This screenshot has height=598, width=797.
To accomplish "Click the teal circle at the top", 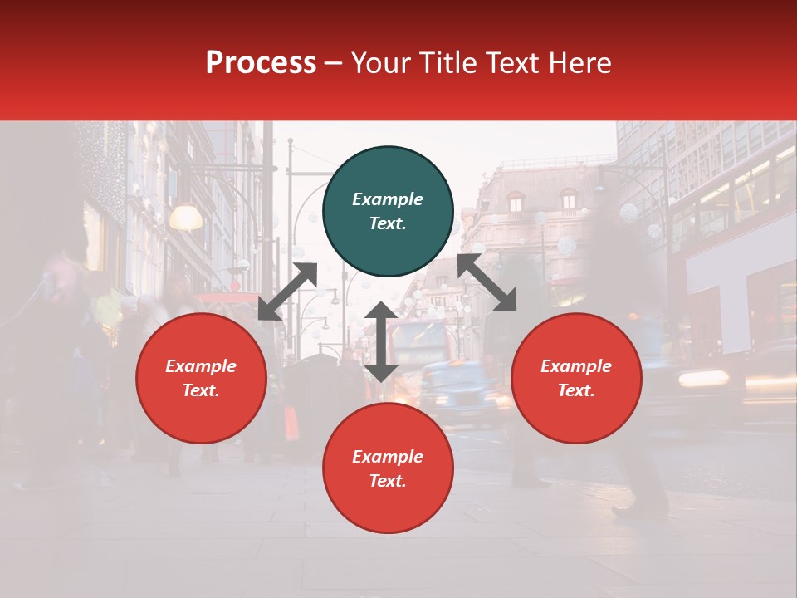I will click(388, 212).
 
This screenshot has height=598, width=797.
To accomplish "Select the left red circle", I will click(201, 378).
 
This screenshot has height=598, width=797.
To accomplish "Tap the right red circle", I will click(576, 378).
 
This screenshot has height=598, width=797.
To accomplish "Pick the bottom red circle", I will click(388, 468).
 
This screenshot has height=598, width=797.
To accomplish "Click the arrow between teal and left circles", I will click(287, 292).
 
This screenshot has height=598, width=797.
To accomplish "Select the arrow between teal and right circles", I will click(487, 282).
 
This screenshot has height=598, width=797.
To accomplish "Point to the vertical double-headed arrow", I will click(381, 341).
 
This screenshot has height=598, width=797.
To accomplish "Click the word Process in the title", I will click(261, 62).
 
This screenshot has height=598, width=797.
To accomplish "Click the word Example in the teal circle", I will click(388, 199).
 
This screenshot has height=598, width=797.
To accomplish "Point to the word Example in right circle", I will click(576, 366).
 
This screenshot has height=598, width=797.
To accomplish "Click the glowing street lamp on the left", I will click(186, 218).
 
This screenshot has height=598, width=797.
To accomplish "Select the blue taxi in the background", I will click(458, 390).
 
